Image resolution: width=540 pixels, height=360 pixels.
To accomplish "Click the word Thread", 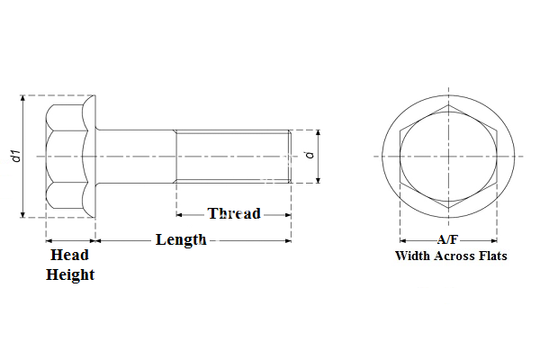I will point(234,214).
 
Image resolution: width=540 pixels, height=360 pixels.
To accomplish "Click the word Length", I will point(181,240).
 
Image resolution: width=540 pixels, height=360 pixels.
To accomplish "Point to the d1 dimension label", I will point(15,156).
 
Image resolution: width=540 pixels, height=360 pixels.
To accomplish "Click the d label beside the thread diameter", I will point(310,156).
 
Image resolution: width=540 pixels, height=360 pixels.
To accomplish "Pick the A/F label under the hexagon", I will point(448,240).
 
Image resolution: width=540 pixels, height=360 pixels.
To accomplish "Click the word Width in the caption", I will point(415,256).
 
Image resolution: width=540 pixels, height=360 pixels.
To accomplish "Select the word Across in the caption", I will point(456,256).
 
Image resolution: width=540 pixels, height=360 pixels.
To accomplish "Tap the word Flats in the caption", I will point(492,256).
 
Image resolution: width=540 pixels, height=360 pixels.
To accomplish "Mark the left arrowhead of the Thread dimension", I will point(179,215).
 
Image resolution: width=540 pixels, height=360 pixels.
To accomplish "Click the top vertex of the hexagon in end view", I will point(448,105).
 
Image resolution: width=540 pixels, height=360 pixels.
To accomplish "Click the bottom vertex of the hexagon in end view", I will point(448,208).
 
